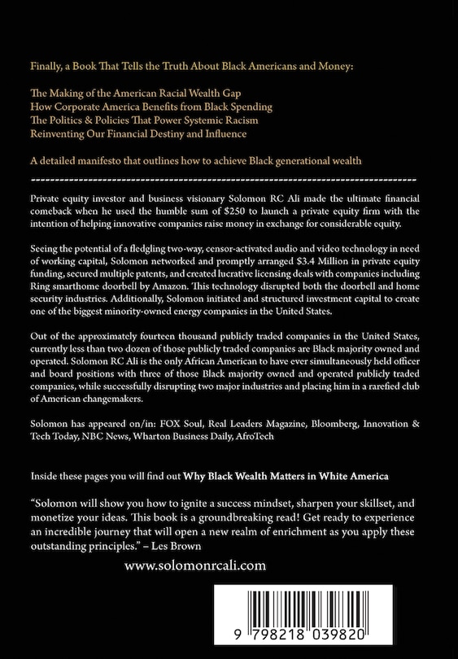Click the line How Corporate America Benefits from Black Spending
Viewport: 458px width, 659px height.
point(150,106)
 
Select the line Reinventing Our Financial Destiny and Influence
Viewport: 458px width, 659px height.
point(137,133)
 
